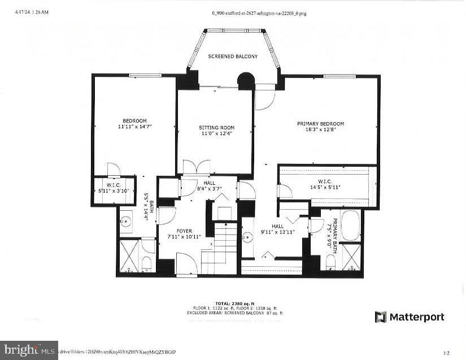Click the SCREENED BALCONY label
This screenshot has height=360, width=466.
tap(233, 57)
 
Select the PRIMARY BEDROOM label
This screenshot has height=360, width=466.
tap(320, 124)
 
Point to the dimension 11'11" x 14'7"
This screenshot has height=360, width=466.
tap(135, 127)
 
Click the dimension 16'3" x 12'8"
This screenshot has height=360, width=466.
tap(320, 130)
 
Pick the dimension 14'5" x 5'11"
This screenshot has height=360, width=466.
tap(324, 186)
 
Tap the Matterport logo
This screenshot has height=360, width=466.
tap(410, 317)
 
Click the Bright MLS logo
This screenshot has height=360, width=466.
tap(29, 350)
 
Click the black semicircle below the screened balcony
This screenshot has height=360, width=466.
tap(246, 82)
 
